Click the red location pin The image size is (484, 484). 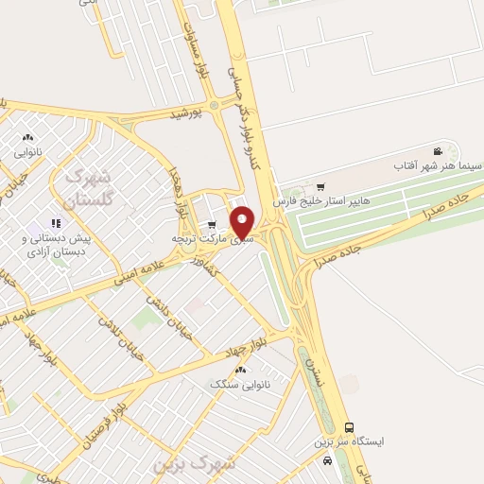[243, 223]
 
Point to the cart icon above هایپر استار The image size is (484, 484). [321, 186]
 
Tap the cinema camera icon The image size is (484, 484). [437, 151]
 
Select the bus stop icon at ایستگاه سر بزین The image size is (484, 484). [349, 428]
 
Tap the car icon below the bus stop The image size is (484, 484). [326, 460]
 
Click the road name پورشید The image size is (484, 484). [186, 114]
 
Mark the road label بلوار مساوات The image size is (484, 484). [194, 46]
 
